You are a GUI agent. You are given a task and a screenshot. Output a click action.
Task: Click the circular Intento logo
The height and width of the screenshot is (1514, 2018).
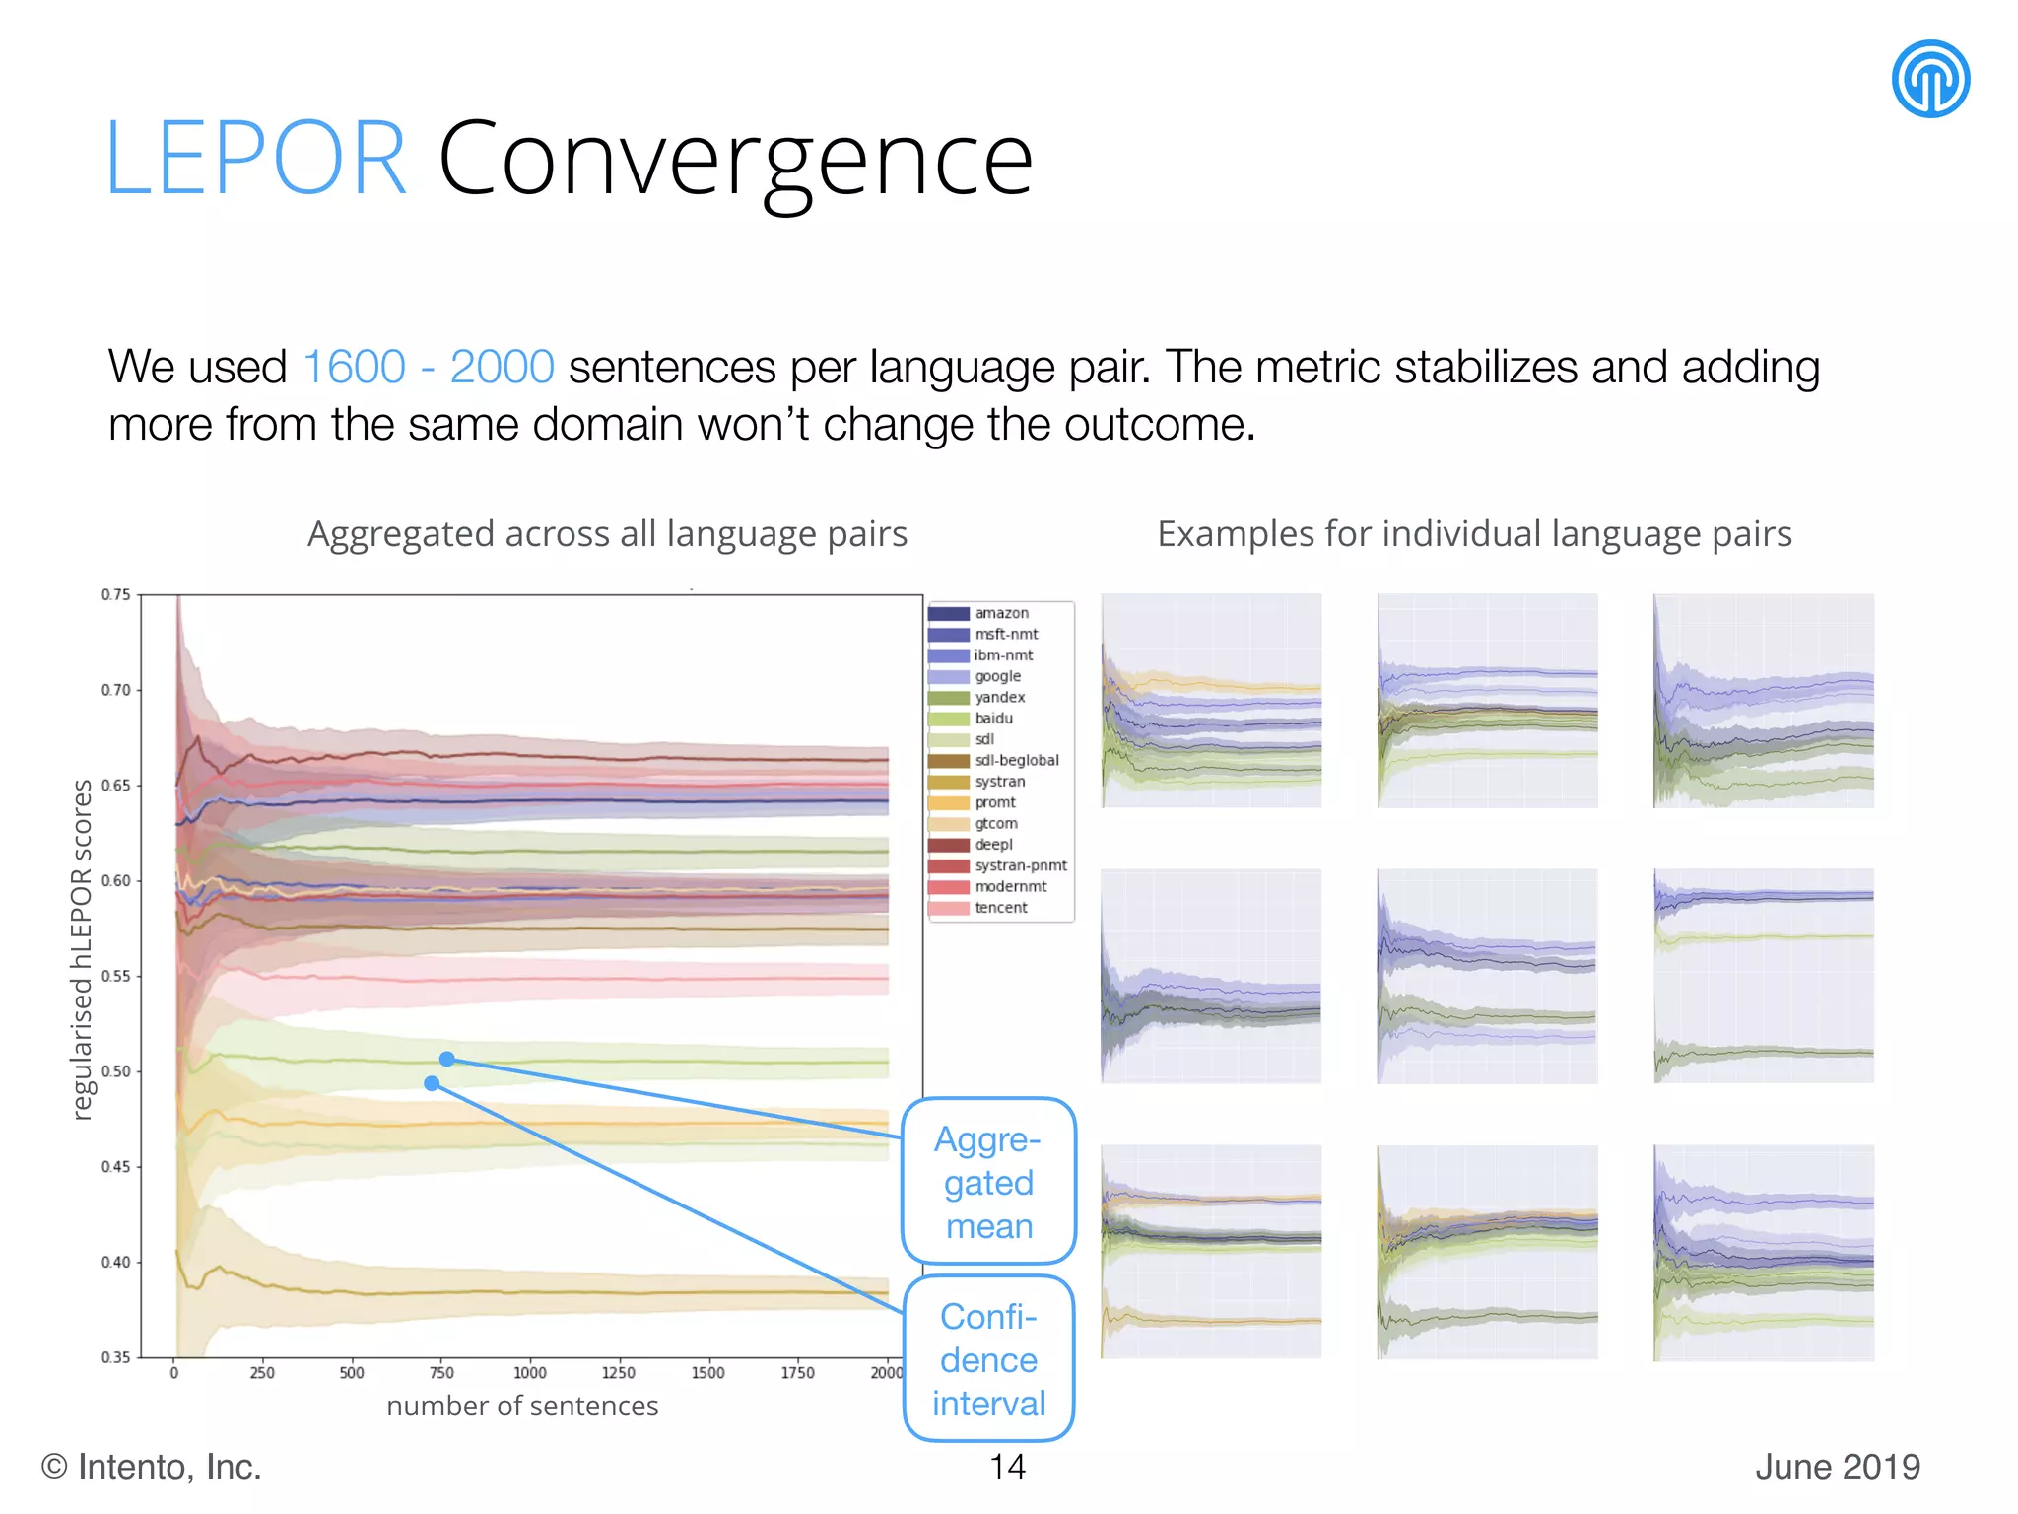1929,79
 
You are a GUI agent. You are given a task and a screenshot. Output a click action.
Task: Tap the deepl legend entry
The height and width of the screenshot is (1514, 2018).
993,845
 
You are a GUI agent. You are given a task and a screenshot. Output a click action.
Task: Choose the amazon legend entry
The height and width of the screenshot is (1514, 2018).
1001,613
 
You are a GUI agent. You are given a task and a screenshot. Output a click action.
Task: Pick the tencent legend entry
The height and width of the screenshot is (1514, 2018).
1000,908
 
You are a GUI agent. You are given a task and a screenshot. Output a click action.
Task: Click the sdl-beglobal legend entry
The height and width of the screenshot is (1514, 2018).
1016,761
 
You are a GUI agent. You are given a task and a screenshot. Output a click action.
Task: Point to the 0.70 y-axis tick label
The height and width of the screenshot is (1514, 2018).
115,690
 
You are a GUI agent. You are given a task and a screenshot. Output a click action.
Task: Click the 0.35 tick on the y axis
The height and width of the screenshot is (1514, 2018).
115,1357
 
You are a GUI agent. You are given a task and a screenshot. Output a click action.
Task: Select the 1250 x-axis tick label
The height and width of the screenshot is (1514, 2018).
619,1373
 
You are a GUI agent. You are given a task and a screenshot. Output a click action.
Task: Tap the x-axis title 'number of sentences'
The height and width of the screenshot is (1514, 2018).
522,1406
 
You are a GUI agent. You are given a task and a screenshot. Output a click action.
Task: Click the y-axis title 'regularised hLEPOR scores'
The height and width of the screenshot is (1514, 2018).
82,949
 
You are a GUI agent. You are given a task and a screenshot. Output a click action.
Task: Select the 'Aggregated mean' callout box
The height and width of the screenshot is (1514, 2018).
988,1181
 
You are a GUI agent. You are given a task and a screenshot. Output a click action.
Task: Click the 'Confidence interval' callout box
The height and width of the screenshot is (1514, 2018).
988,1359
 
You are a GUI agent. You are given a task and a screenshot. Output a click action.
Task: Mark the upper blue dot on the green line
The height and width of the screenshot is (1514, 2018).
446,1059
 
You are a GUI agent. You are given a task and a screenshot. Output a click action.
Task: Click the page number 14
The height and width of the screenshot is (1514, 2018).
1007,1467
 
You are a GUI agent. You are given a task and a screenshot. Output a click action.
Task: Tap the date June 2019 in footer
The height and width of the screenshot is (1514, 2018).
1837,1467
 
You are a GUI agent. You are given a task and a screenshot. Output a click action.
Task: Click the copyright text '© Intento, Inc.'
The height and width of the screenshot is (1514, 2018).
151,1467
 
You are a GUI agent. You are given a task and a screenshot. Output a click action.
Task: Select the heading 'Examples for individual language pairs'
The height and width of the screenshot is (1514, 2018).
1473,534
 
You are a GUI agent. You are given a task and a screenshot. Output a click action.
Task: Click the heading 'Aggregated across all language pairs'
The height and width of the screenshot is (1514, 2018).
607,534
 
